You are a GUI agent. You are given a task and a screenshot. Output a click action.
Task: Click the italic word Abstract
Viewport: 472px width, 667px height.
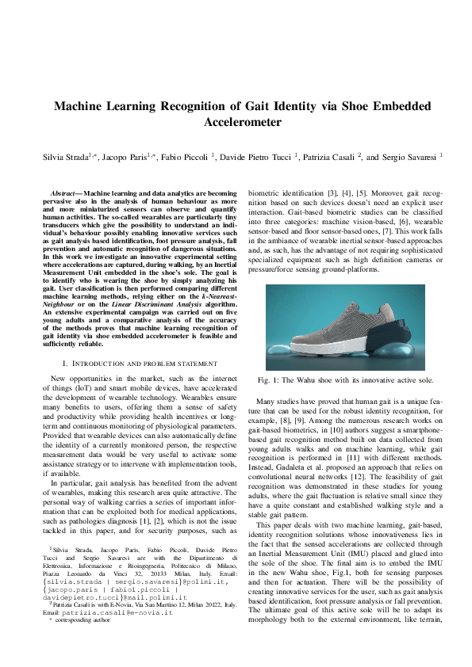63,193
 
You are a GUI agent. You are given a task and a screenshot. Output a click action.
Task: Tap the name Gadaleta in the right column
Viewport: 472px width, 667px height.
290,468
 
